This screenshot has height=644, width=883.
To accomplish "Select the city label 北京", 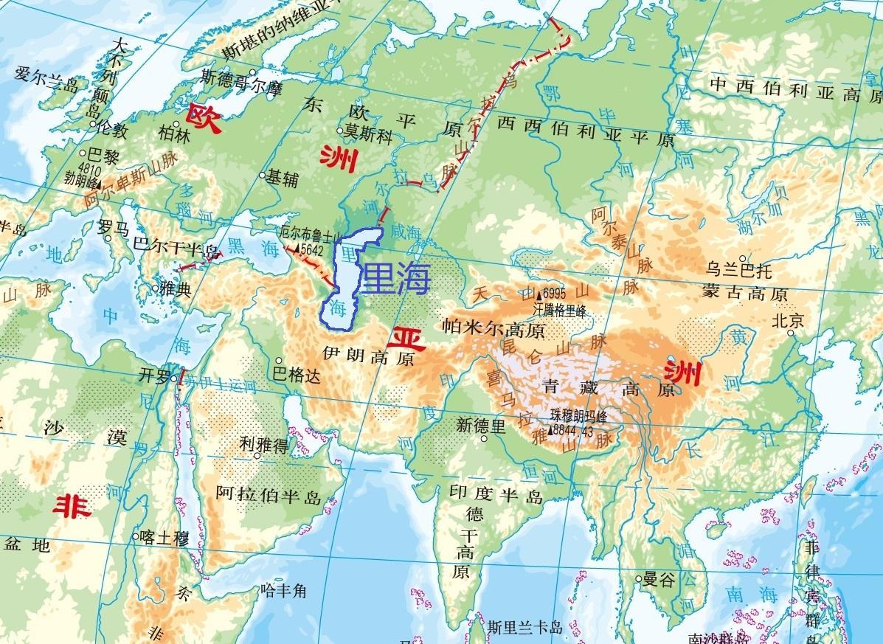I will coord(787,321).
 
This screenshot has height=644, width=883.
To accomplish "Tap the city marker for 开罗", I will coord(173,378).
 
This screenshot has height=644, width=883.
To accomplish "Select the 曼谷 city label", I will coord(659,580).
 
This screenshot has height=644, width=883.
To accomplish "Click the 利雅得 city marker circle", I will coord(257,455).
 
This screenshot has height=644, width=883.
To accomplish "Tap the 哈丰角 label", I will coord(283,590).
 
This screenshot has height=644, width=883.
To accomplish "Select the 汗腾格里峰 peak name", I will coord(560,311).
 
